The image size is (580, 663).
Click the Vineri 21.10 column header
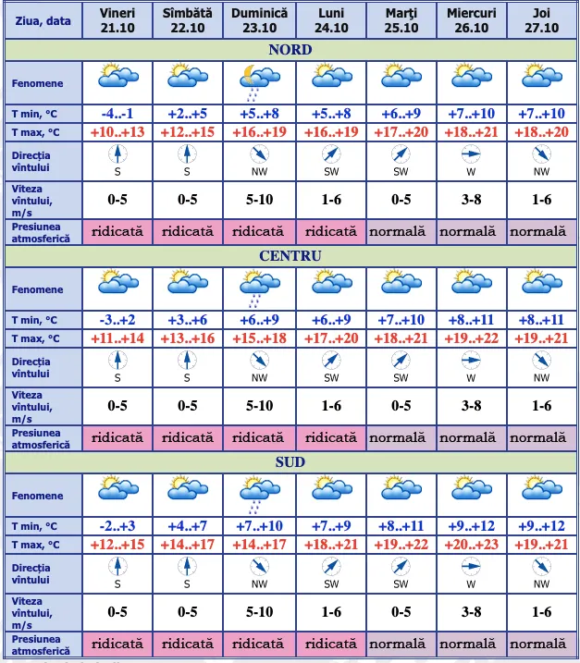click(117, 20)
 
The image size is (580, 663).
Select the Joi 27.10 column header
click(541, 20)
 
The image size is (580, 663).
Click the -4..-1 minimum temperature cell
click(117, 114)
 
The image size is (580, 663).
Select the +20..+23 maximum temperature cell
click(471, 545)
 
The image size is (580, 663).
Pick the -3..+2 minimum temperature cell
click(117, 320)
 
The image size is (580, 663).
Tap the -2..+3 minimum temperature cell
click(117, 526)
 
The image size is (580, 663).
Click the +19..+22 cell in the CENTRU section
click(471, 338)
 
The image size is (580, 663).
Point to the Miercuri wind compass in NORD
click(471, 155)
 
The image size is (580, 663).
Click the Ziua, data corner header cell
click(42, 20)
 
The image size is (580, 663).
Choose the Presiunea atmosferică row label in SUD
click(42, 644)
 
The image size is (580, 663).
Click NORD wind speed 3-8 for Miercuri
click(471, 199)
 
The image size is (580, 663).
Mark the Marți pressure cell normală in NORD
click(401, 231)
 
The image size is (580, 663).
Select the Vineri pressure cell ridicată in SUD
click(117, 644)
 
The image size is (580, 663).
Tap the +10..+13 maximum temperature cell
click(117, 132)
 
